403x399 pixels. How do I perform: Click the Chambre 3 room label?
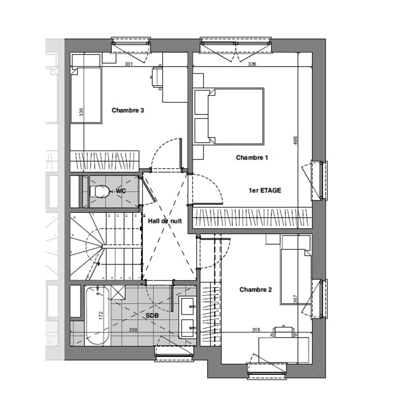click(128, 110)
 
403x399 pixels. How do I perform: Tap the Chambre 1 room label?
click(252, 157)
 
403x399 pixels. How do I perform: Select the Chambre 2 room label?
click(256, 290)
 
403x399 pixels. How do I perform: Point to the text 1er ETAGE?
click(265, 191)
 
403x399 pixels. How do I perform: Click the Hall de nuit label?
click(165, 221)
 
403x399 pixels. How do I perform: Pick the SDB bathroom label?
click(152, 315)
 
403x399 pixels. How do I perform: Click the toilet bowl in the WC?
click(99, 191)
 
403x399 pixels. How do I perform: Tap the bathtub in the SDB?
click(97, 316)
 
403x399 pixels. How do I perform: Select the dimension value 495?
click(295, 140)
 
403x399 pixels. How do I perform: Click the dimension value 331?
click(129, 64)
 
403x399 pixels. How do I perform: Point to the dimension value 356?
click(133, 330)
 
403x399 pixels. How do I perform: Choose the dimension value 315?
click(256, 330)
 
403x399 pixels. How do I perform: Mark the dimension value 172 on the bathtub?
click(100, 315)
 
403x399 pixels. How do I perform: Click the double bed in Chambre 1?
click(236, 116)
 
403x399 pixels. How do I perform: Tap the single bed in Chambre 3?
click(86, 95)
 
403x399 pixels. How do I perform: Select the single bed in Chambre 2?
click(296, 277)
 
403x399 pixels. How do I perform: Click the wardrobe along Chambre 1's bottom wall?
click(252, 218)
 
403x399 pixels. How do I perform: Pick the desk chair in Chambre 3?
click(157, 78)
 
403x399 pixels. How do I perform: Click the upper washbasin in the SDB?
click(187, 306)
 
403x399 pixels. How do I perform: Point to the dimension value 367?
click(295, 299)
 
